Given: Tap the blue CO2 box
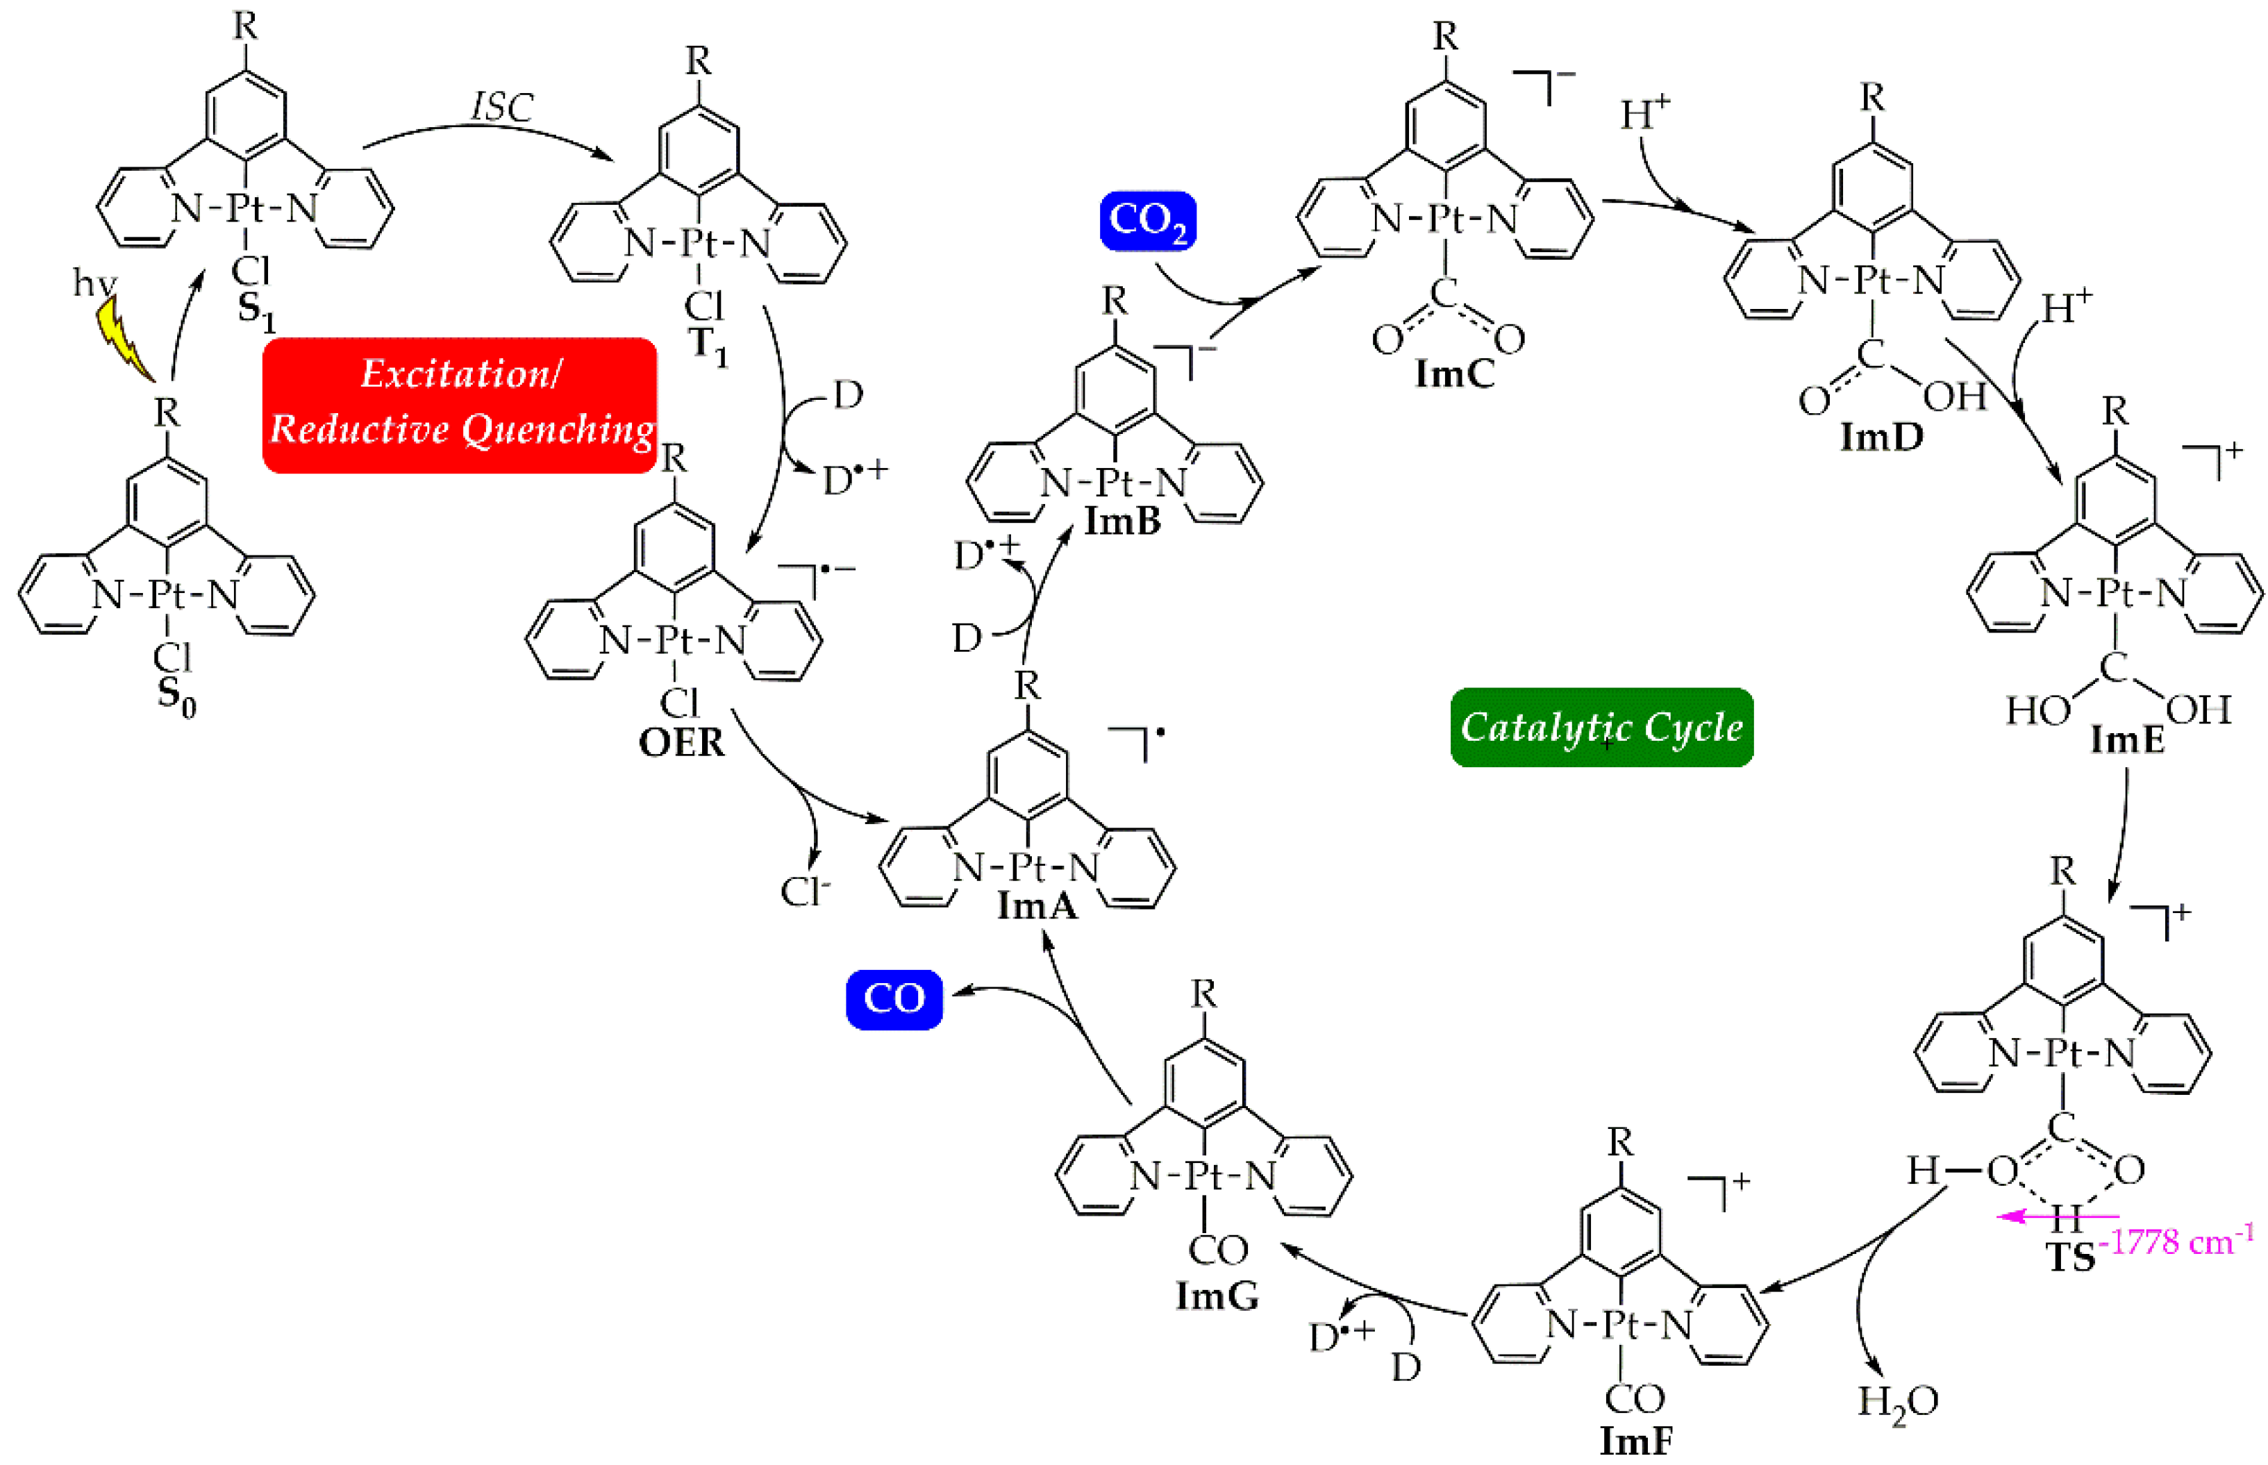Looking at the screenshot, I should tap(1147, 221).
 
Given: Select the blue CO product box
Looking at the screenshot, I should tap(893, 999).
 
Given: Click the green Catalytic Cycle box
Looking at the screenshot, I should tap(1601, 728).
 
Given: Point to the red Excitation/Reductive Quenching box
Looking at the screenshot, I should tap(460, 404).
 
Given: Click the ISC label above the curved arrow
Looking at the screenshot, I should tap(501, 106).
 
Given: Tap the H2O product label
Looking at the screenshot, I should tap(1897, 1403).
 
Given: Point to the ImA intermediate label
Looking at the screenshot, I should tap(1037, 905).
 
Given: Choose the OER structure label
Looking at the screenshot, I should tap(681, 743).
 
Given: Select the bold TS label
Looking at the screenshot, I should tap(2071, 1257).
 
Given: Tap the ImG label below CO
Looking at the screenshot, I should tap(1217, 1295).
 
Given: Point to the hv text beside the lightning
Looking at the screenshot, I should tap(94, 283).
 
